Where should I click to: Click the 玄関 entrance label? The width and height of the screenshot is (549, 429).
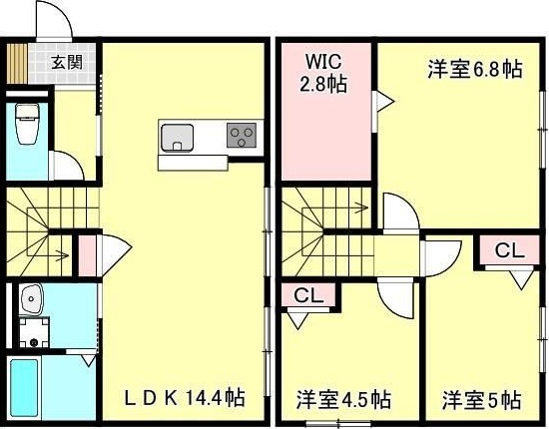[x=67, y=62]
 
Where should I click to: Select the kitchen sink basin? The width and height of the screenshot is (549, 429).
[x=178, y=137]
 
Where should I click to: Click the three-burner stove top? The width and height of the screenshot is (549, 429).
[x=242, y=136]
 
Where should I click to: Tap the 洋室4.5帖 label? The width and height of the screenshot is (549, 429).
[x=341, y=400]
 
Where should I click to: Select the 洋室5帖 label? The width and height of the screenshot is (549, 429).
[x=482, y=400]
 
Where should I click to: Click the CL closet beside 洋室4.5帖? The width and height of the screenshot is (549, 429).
[x=308, y=294]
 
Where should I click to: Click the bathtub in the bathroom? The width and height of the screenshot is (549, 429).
[x=27, y=388]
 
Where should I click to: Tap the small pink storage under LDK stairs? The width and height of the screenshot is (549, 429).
[x=86, y=253]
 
